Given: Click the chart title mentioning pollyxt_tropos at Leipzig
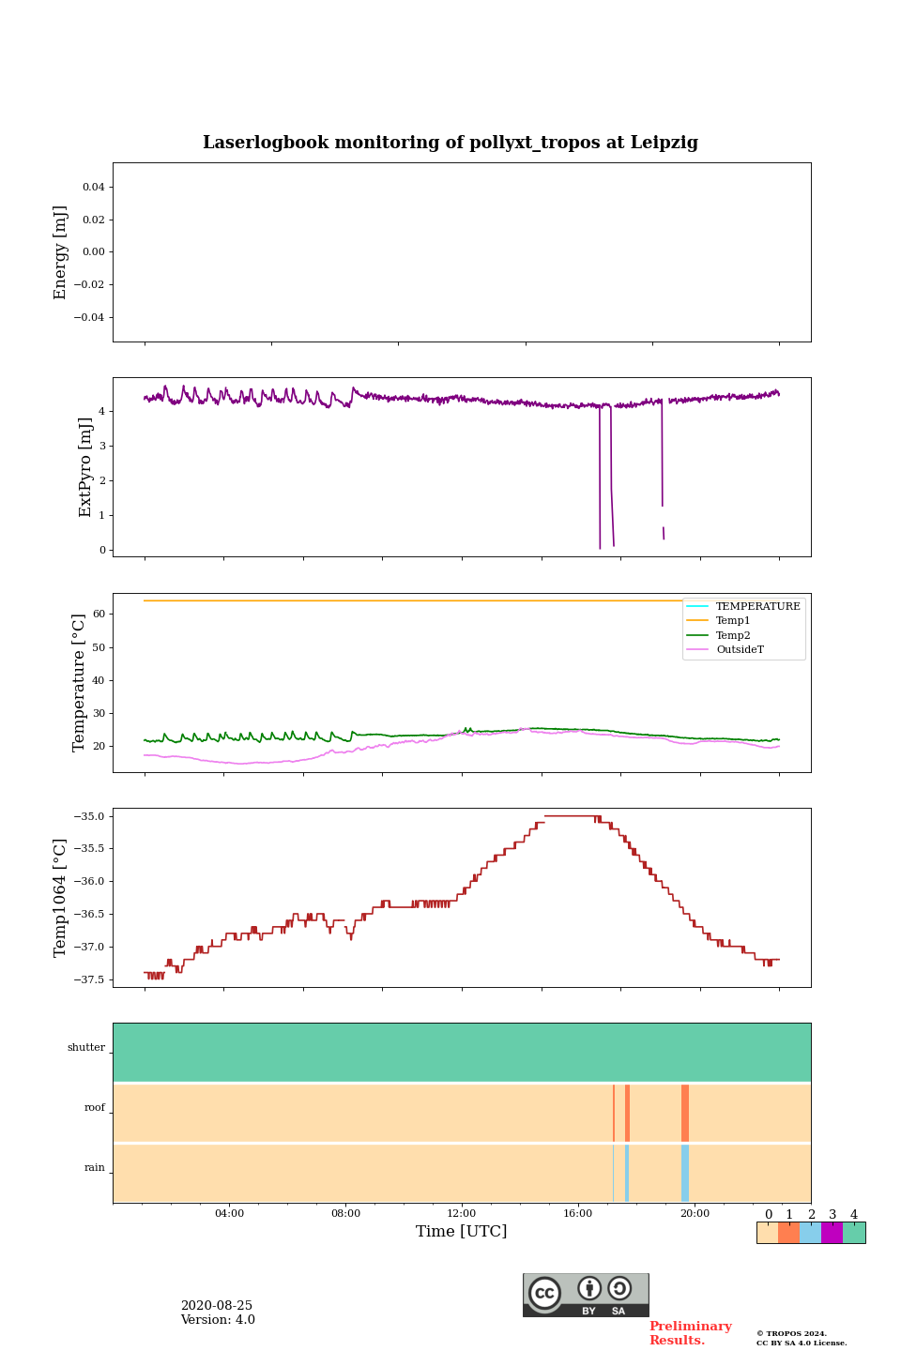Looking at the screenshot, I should pos(450,143).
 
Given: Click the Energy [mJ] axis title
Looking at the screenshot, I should pos(61,252).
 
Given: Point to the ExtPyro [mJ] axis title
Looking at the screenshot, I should pos(85,467).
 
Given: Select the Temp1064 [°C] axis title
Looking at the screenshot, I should pos(61,898).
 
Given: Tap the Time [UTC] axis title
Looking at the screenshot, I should pos(461,1231).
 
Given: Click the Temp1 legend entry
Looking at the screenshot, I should pos(733,621).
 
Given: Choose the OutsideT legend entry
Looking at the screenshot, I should pos(740,649).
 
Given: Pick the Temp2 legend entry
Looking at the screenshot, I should pos(733,635).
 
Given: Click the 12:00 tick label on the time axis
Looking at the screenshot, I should pos(462,1214).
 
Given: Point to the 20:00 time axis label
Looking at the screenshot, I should pos(695,1214).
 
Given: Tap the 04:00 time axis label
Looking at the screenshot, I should pos(229,1214).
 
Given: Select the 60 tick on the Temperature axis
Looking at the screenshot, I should pos(99,615).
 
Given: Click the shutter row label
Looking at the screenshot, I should pos(86,1048).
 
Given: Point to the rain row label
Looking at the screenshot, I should pos(95,1168).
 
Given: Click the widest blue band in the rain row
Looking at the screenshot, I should pos(685,1173).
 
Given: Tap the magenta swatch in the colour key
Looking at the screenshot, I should pos(832,1233).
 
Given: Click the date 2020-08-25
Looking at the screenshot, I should pos(217,1306).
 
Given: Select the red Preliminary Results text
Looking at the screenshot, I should pos(690,1333).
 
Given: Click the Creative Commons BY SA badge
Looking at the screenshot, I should pos(586,1295).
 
